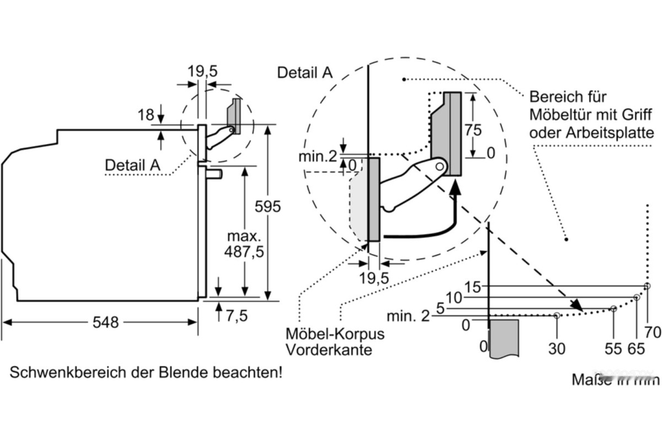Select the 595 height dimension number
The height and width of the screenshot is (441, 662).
coord(268,207)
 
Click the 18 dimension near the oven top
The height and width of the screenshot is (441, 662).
coord(146,115)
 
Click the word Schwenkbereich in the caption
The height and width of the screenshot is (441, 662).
coord(60,373)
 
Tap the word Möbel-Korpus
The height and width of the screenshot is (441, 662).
coord(335,334)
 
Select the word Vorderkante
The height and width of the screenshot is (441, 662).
coord(329,350)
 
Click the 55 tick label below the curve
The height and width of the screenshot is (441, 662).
coord(613,348)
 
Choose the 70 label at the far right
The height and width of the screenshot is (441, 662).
coord(653,332)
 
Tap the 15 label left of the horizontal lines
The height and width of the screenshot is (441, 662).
coord(473,287)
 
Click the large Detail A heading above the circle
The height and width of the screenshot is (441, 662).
coord(305,72)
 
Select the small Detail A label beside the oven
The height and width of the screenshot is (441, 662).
coord(132,164)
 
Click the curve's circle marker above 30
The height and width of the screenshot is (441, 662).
coord(557,316)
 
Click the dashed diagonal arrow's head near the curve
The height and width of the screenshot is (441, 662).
coord(577,304)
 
